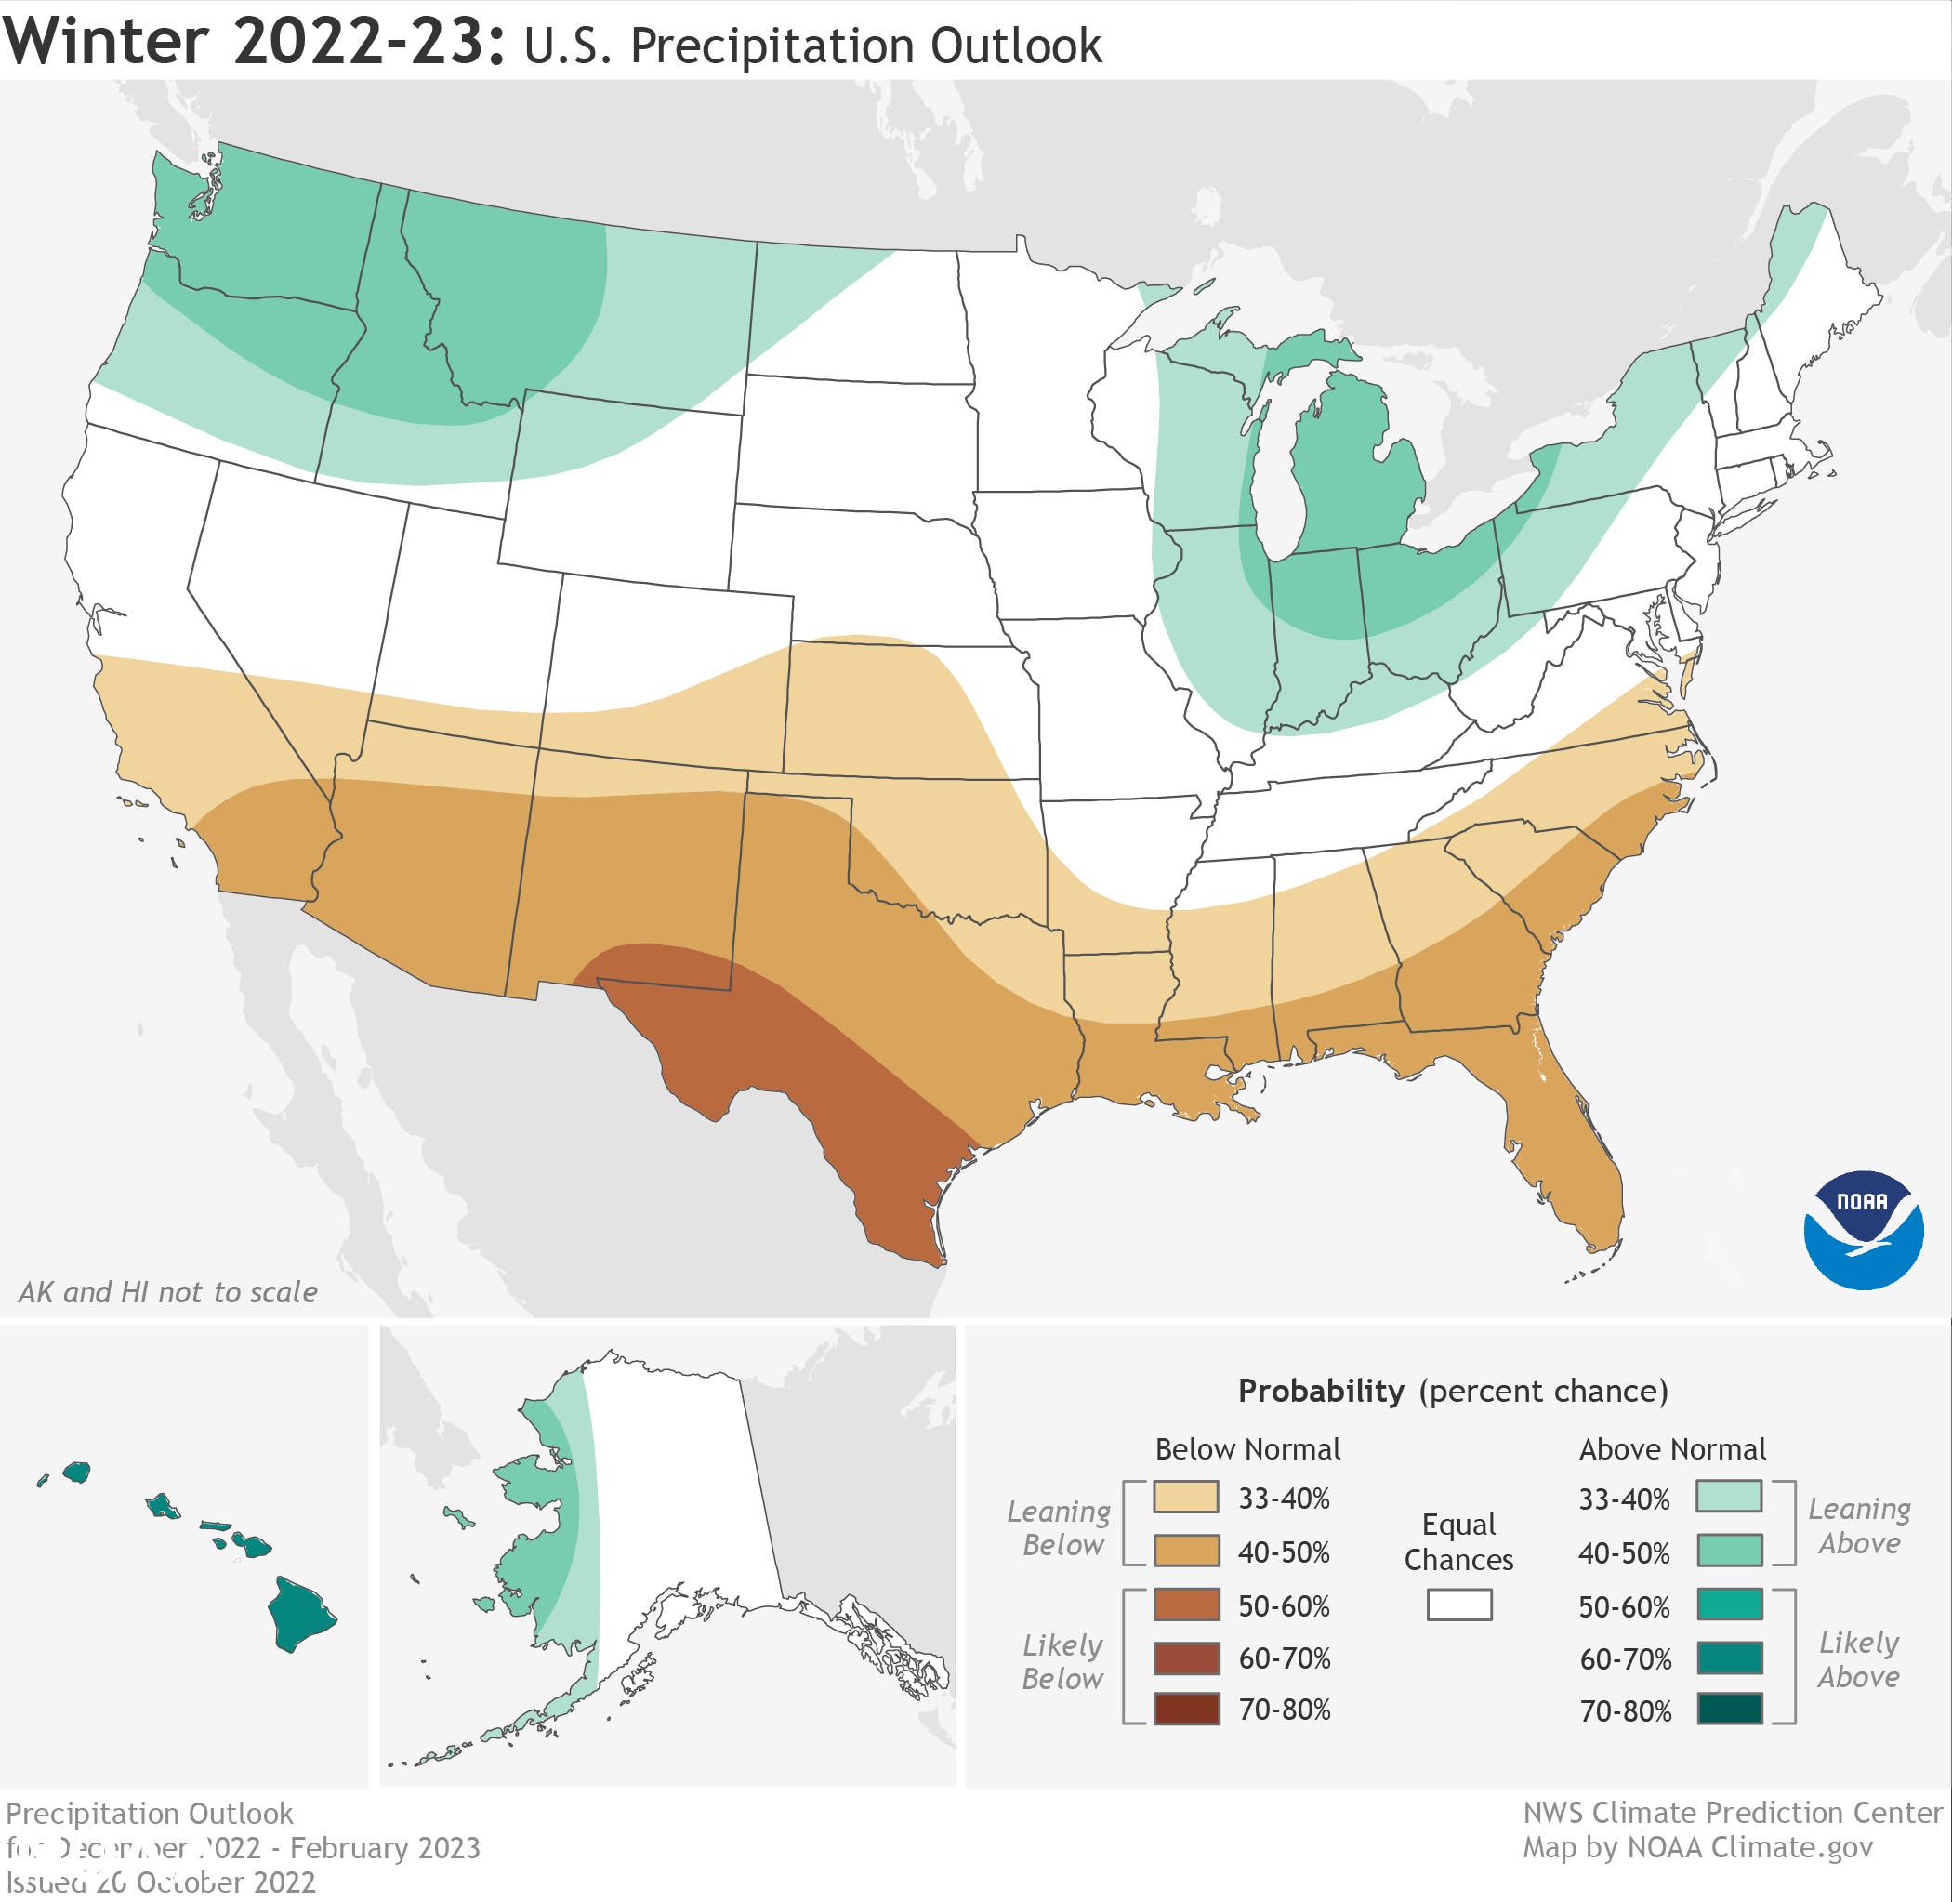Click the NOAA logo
[1863, 1230]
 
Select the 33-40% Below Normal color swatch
[1186, 1498]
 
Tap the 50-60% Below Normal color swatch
[1186, 1605]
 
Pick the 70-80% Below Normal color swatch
[1186, 1710]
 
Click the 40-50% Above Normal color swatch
[1728, 1552]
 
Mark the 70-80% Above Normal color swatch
[1728, 1710]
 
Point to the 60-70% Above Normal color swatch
[1728, 1658]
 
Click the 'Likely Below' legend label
[1062, 1661]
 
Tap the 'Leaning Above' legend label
[1858, 1526]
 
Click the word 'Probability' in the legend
[1321, 1391]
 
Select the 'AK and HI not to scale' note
[168, 1291]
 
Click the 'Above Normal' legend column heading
[1671, 1448]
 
